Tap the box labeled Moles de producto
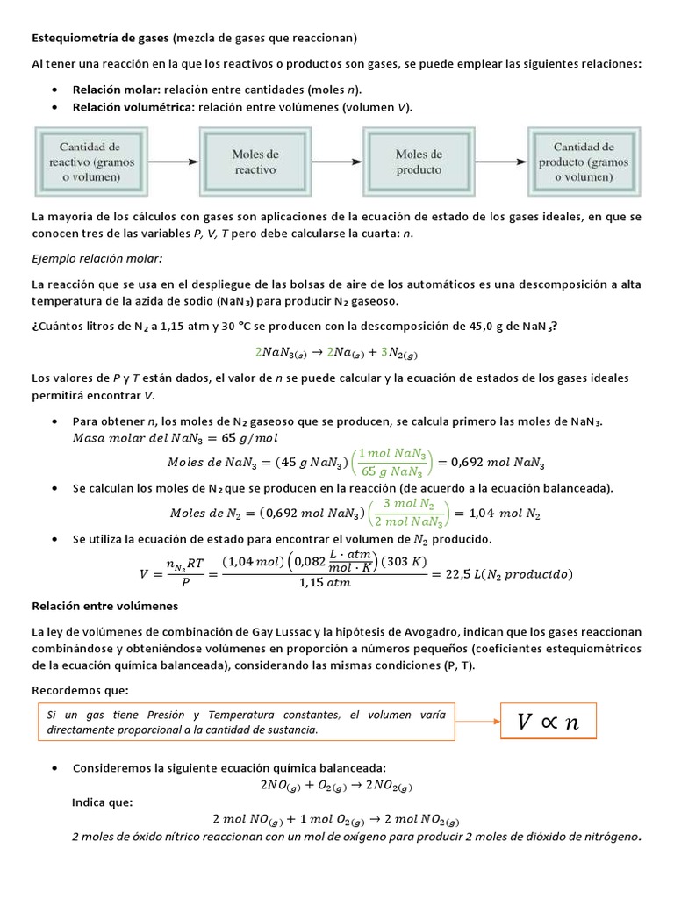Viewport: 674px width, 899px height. (418, 162)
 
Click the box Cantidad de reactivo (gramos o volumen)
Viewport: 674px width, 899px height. (90, 162)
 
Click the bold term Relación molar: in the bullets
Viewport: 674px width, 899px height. (111, 90)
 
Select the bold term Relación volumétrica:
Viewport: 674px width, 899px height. (134, 107)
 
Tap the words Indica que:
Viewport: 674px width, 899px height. (102, 802)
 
